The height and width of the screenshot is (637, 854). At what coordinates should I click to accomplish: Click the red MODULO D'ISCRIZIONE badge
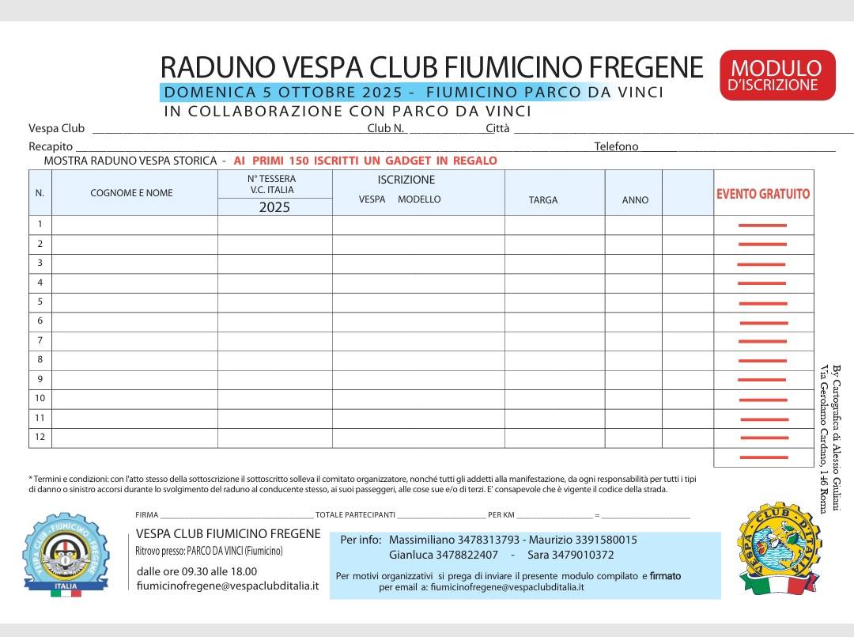point(777,75)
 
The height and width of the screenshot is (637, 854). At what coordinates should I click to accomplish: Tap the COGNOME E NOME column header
point(131,193)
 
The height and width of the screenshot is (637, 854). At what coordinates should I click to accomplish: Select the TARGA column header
point(543,200)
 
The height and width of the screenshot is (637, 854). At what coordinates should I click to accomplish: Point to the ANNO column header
point(635,200)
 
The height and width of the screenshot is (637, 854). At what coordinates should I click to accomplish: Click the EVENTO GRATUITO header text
point(763,194)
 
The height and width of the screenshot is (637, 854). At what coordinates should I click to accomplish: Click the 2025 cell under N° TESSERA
point(274,207)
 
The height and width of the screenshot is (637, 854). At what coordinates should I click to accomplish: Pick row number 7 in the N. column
point(40,340)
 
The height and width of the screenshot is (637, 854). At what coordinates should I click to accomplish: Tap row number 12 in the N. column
point(40,437)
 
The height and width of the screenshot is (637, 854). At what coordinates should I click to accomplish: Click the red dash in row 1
point(762,226)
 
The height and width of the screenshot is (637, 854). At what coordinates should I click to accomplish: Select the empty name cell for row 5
point(134,302)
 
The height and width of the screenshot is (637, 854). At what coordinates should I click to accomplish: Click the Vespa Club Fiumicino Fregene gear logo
point(65,554)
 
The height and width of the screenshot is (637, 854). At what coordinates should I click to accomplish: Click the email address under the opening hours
point(228,586)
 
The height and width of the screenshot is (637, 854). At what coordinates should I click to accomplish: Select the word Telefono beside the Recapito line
point(616,146)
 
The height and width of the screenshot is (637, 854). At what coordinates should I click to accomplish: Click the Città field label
point(497,128)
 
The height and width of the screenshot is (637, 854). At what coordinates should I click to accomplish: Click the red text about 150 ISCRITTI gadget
point(365,161)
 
